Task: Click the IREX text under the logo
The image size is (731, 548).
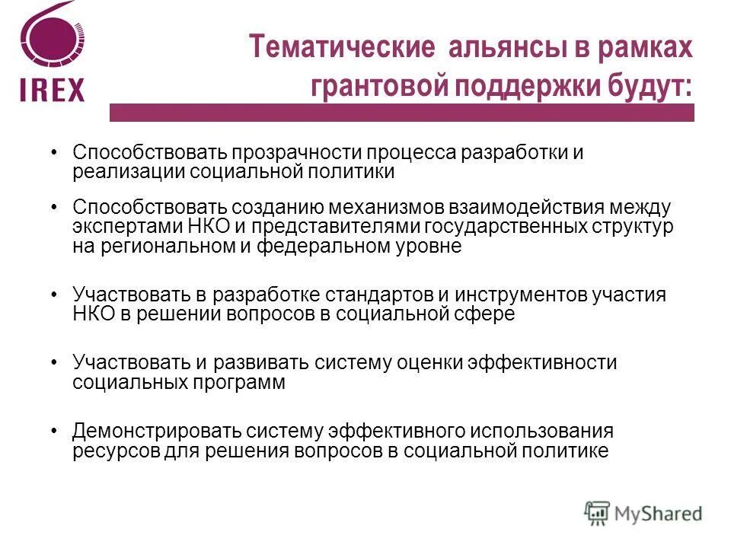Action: tap(53, 89)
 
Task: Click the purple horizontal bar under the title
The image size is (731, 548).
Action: tap(401, 113)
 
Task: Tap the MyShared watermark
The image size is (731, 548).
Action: tap(643, 512)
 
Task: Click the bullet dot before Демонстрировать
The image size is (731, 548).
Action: tap(53, 431)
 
